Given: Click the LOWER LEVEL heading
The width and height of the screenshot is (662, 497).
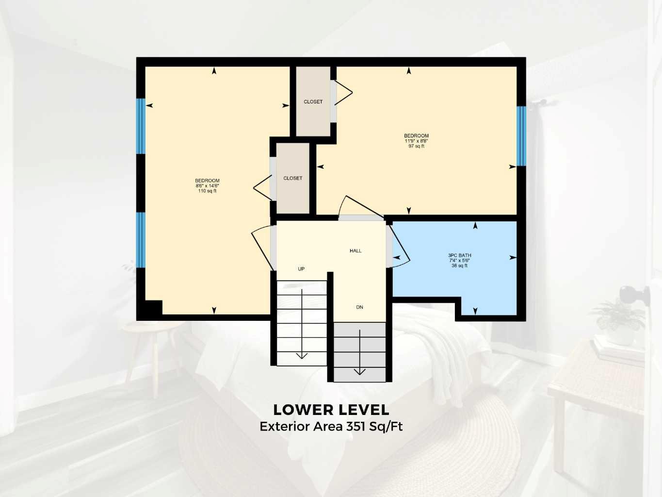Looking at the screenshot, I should tap(331, 410).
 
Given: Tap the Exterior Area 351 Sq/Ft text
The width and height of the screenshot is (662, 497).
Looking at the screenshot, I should tap(331, 427).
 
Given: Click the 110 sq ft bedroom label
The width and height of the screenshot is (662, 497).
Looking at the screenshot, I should tap(207, 186).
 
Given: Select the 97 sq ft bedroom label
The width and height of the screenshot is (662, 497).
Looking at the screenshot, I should tap(416, 141).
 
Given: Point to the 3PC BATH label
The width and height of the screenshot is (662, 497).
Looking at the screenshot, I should tap(459, 260).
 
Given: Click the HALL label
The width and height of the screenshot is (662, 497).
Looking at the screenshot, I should tap(355, 251).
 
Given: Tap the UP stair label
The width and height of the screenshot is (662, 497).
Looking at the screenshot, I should tap(301, 269).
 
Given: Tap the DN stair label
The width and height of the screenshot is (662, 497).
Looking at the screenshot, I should tap(359, 307).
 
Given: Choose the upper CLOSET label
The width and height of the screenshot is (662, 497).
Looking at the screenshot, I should tap(313, 102).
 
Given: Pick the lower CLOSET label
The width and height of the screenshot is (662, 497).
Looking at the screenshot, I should tap(292, 178).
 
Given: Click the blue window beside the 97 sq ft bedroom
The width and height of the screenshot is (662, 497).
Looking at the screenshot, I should tap(521, 136).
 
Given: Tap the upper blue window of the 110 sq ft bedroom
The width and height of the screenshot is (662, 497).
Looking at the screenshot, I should tap(141, 126).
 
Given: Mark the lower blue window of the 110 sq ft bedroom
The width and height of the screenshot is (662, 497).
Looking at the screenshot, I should tap(141, 240).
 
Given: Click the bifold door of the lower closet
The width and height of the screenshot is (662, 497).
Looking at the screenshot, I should tap(263, 187).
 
